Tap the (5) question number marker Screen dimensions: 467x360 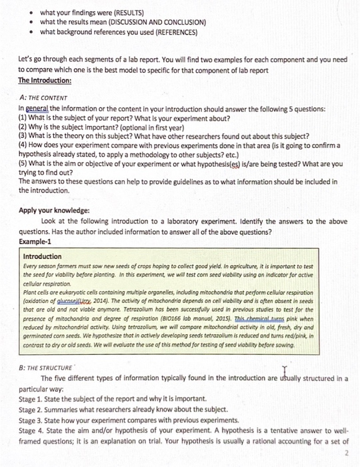23,163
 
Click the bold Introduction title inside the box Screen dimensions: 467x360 42,257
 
